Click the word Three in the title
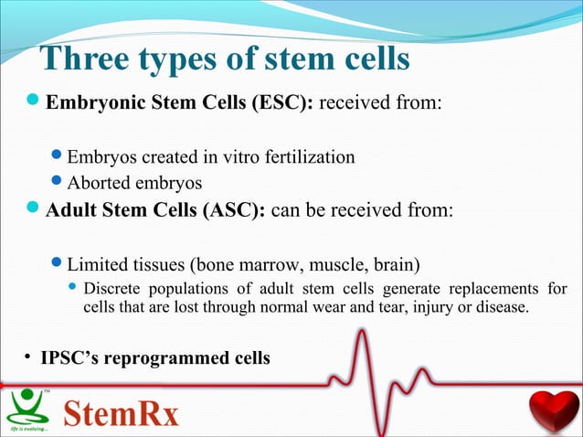[x=83, y=59]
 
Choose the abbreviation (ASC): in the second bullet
[x=232, y=211]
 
